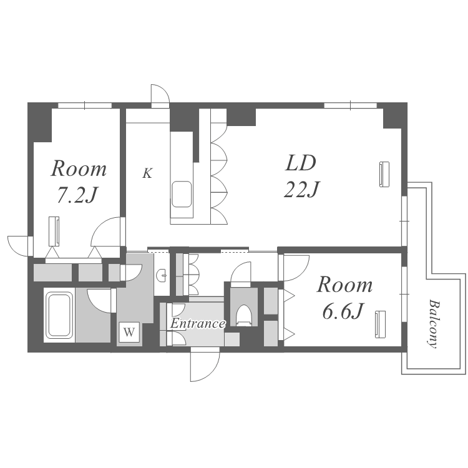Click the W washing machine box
point(129,331)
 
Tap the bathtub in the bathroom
point(59,315)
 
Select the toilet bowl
point(244,315)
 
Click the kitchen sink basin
point(182,193)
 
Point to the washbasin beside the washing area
point(163,275)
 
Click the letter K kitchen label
point(147,173)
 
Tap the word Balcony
point(433,323)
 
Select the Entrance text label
point(198,323)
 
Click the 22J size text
point(301,189)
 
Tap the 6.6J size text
point(343,311)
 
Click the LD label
point(300,163)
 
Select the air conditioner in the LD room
point(384,174)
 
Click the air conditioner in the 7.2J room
point(54,232)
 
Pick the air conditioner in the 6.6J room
point(380,324)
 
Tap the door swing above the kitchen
point(160,95)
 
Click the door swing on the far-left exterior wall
point(19,246)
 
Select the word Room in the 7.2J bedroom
point(79,169)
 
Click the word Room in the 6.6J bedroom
point(344,285)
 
